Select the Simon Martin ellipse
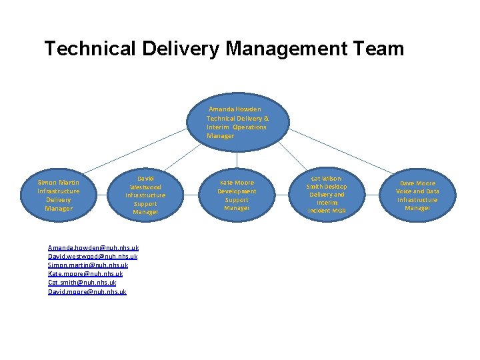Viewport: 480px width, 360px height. point(59,195)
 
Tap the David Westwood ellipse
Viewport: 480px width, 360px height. point(145,195)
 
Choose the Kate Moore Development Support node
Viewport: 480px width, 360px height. point(237,195)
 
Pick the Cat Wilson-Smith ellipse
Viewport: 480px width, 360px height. point(327,195)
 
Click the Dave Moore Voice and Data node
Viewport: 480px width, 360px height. point(417,195)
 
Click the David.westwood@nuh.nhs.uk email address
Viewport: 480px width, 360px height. point(93,257)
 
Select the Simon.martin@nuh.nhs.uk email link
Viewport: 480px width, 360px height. point(88,265)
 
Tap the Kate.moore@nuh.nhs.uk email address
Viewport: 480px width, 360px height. point(85,274)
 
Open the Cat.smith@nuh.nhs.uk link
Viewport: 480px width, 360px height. point(82,283)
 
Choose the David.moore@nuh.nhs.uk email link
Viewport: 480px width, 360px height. point(87,291)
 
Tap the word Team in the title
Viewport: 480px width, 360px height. point(381,49)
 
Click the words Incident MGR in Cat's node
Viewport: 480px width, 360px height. point(327,211)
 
